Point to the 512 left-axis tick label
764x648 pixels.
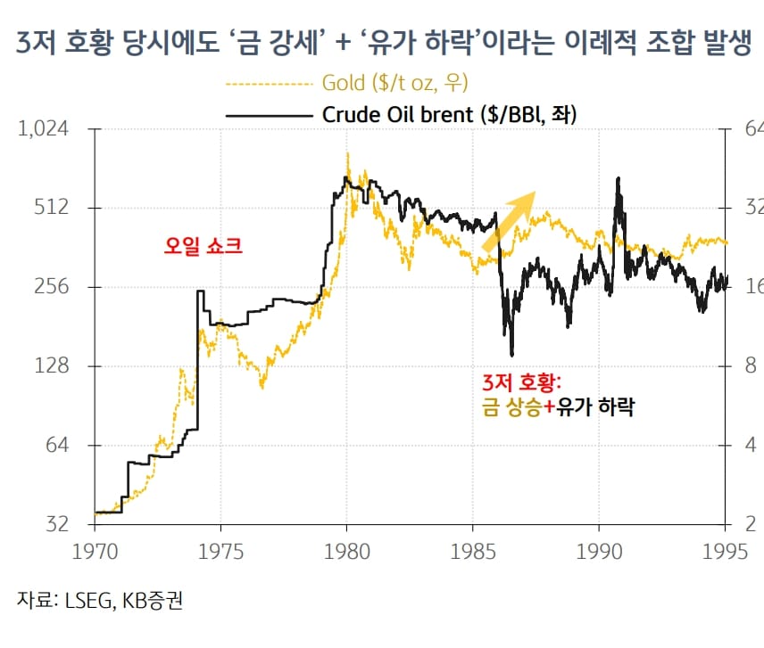(48, 208)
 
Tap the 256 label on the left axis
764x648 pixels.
(48, 287)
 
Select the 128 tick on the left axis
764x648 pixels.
(48, 366)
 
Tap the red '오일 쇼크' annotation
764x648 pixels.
(203, 246)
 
